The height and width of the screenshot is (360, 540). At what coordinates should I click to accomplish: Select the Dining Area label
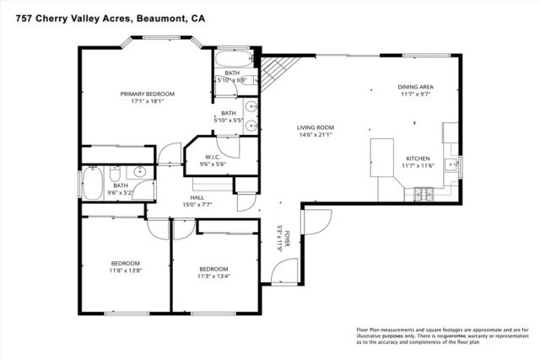(415, 87)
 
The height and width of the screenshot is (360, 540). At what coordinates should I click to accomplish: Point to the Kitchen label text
(418, 159)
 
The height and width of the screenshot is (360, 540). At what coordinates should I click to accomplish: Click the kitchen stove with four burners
(422, 194)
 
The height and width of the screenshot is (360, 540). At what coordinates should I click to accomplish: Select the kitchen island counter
(384, 159)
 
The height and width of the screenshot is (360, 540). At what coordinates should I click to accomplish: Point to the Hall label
(197, 196)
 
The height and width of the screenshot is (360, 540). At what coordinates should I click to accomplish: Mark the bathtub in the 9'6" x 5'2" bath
(92, 182)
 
